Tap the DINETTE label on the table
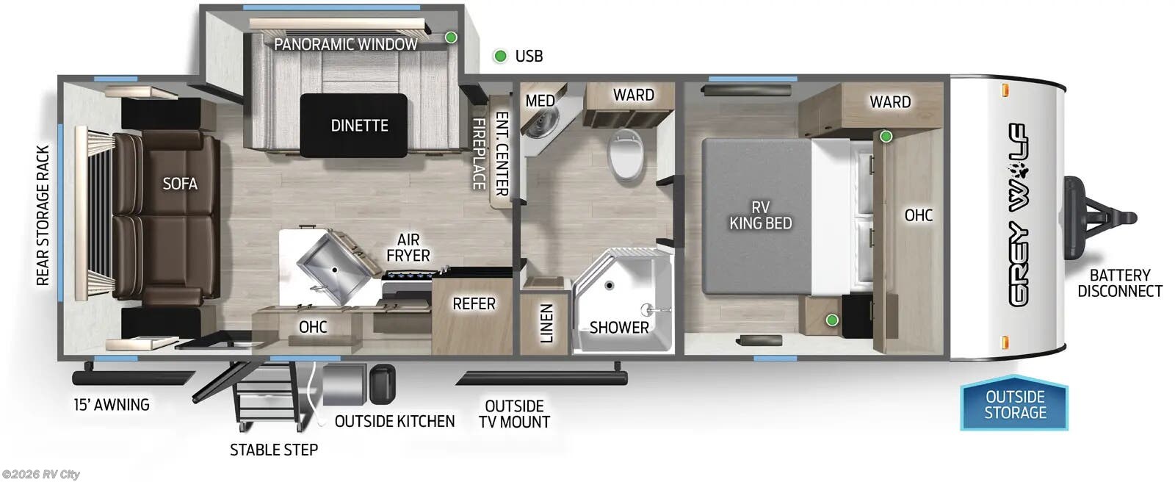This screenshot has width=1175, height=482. [x=359, y=126]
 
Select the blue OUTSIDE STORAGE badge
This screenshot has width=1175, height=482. [x=1015, y=405]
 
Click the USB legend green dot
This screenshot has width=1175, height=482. [x=500, y=56]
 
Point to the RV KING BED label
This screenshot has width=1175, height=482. [x=760, y=215]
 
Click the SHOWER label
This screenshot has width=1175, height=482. [x=619, y=327]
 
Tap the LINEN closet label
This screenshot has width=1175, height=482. [x=546, y=323]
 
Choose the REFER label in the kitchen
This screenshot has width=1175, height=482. [x=474, y=303]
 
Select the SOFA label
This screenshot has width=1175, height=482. [x=180, y=183]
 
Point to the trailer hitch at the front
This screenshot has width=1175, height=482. [x=1102, y=217]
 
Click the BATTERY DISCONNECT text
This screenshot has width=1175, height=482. [x=1119, y=283]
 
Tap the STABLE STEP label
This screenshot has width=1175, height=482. [x=274, y=450]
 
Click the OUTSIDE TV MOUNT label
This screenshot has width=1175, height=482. [x=514, y=414]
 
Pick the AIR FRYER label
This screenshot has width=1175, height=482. [x=408, y=248]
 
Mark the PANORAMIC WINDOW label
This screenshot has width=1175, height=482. [x=345, y=44]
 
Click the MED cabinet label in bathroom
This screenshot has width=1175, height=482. [x=540, y=101]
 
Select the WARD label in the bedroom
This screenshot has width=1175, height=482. [x=890, y=101]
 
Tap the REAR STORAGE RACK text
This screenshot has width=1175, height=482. [x=43, y=215]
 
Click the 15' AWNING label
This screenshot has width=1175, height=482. [x=112, y=404]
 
